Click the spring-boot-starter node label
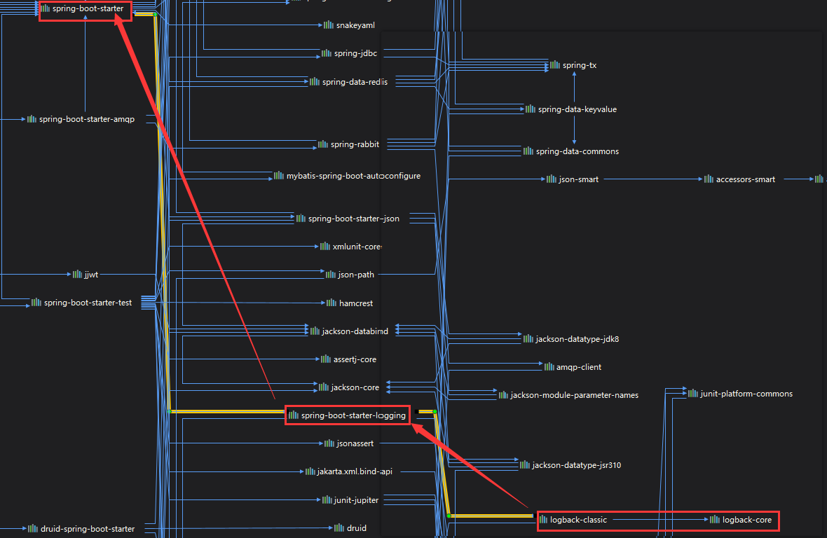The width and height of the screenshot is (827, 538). tap(88, 9)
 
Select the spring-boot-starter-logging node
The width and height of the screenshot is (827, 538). tap(353, 415)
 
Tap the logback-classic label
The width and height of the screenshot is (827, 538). tap(578, 520)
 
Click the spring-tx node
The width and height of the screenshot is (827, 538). tap(579, 65)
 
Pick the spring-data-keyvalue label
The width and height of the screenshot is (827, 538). tap(577, 109)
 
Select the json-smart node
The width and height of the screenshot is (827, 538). tap(578, 179)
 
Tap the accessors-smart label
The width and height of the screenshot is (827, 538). tap(745, 179)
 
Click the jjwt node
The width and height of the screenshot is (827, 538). tap(90, 275)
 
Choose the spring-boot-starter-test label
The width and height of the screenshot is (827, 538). tap(88, 303)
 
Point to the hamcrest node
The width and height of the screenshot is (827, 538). tap(355, 303)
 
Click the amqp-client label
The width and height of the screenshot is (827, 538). tap(578, 366)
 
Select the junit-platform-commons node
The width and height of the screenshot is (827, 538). tap(746, 394)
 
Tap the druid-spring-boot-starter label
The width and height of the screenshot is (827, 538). tap(87, 528)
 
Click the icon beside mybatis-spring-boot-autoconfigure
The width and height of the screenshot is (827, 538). tap(280, 176)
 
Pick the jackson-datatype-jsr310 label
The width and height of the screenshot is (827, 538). tap(576, 464)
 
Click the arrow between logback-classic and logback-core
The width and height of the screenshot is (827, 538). tap(659, 520)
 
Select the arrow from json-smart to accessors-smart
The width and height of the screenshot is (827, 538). tap(652, 179)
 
